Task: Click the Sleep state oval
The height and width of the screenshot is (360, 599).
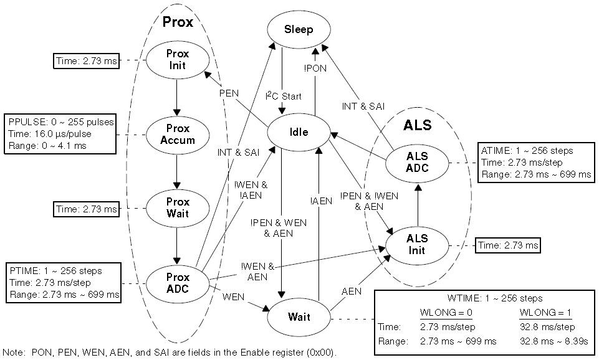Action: point(298,30)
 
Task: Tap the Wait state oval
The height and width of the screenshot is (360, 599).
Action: point(298,317)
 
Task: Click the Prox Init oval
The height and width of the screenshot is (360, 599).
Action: point(178,60)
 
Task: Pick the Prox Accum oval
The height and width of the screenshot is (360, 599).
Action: point(178,135)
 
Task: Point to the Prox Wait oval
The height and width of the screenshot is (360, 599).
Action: point(178,208)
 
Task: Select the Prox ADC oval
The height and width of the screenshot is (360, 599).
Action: point(178,283)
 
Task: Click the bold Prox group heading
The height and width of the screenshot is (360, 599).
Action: point(178,22)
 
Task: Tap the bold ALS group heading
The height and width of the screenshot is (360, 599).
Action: point(418,125)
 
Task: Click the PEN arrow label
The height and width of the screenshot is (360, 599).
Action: point(229,93)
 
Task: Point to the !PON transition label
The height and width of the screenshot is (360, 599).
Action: point(315,68)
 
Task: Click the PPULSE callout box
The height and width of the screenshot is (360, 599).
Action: point(60,135)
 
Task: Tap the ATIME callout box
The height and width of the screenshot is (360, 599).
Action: point(536,163)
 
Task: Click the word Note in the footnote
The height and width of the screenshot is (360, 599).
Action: point(13,353)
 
